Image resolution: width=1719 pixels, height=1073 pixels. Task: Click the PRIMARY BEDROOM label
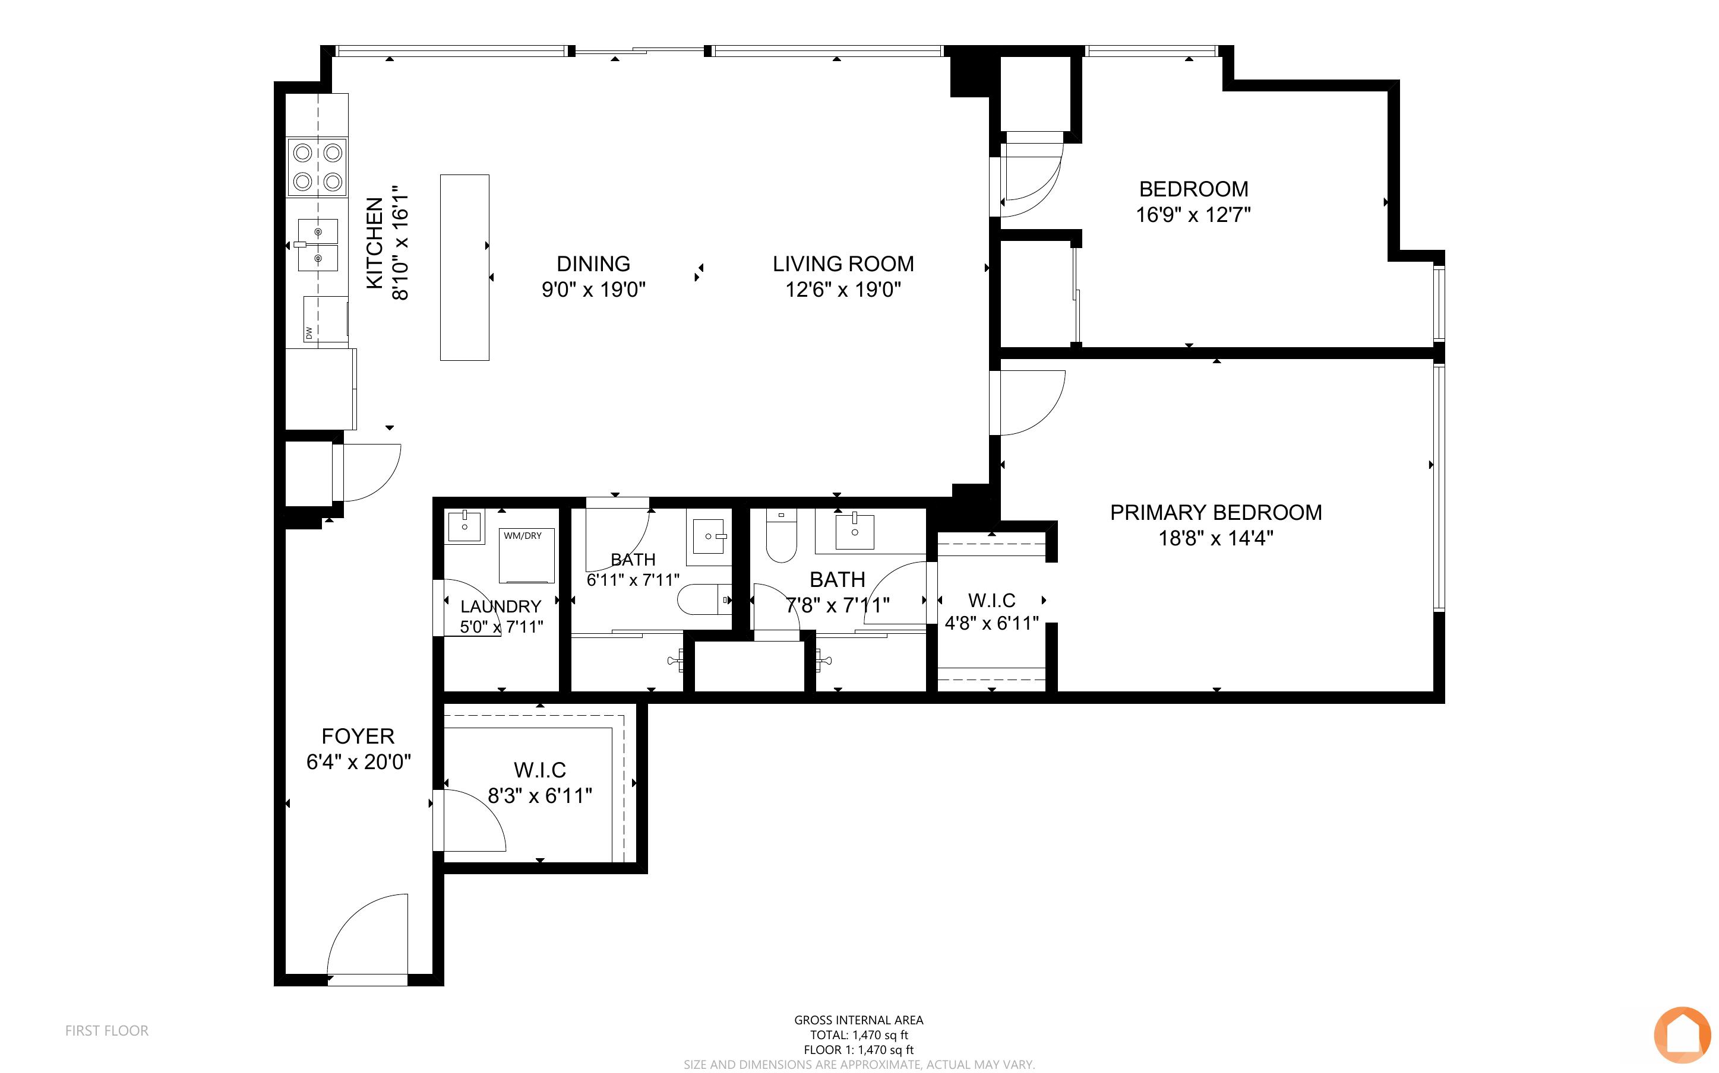click(1215, 512)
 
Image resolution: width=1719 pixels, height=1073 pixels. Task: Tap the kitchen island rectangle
click(464, 268)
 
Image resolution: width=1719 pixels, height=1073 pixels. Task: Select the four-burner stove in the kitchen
click(317, 167)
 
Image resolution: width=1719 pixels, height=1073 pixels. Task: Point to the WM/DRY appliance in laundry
click(526, 555)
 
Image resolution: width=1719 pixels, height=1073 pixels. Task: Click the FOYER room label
click(358, 736)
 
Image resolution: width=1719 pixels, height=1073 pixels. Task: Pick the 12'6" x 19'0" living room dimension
click(843, 290)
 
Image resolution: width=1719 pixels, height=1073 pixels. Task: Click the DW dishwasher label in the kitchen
click(309, 332)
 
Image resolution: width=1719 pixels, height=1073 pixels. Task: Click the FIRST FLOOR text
click(108, 1030)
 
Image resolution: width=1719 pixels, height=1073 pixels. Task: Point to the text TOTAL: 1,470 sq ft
click(859, 1034)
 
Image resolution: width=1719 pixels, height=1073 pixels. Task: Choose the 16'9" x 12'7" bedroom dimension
click(1193, 214)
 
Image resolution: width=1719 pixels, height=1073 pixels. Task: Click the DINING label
click(593, 264)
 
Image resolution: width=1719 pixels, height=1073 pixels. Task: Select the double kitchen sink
click(317, 245)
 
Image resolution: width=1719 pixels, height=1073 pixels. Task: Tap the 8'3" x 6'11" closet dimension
click(539, 795)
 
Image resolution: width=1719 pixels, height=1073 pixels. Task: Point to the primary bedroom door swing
click(1029, 403)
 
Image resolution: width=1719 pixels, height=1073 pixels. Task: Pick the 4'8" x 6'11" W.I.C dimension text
click(992, 623)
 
